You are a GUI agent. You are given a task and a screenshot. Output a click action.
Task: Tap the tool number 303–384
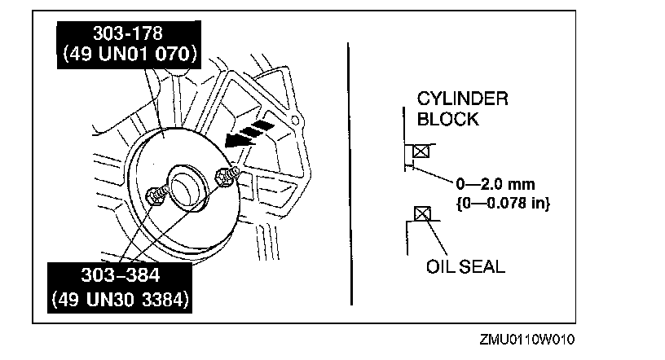121,274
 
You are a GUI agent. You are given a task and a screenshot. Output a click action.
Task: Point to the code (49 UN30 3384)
121,299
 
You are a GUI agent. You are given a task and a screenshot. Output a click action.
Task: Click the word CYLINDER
462,99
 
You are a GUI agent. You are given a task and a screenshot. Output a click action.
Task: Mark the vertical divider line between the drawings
348,171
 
